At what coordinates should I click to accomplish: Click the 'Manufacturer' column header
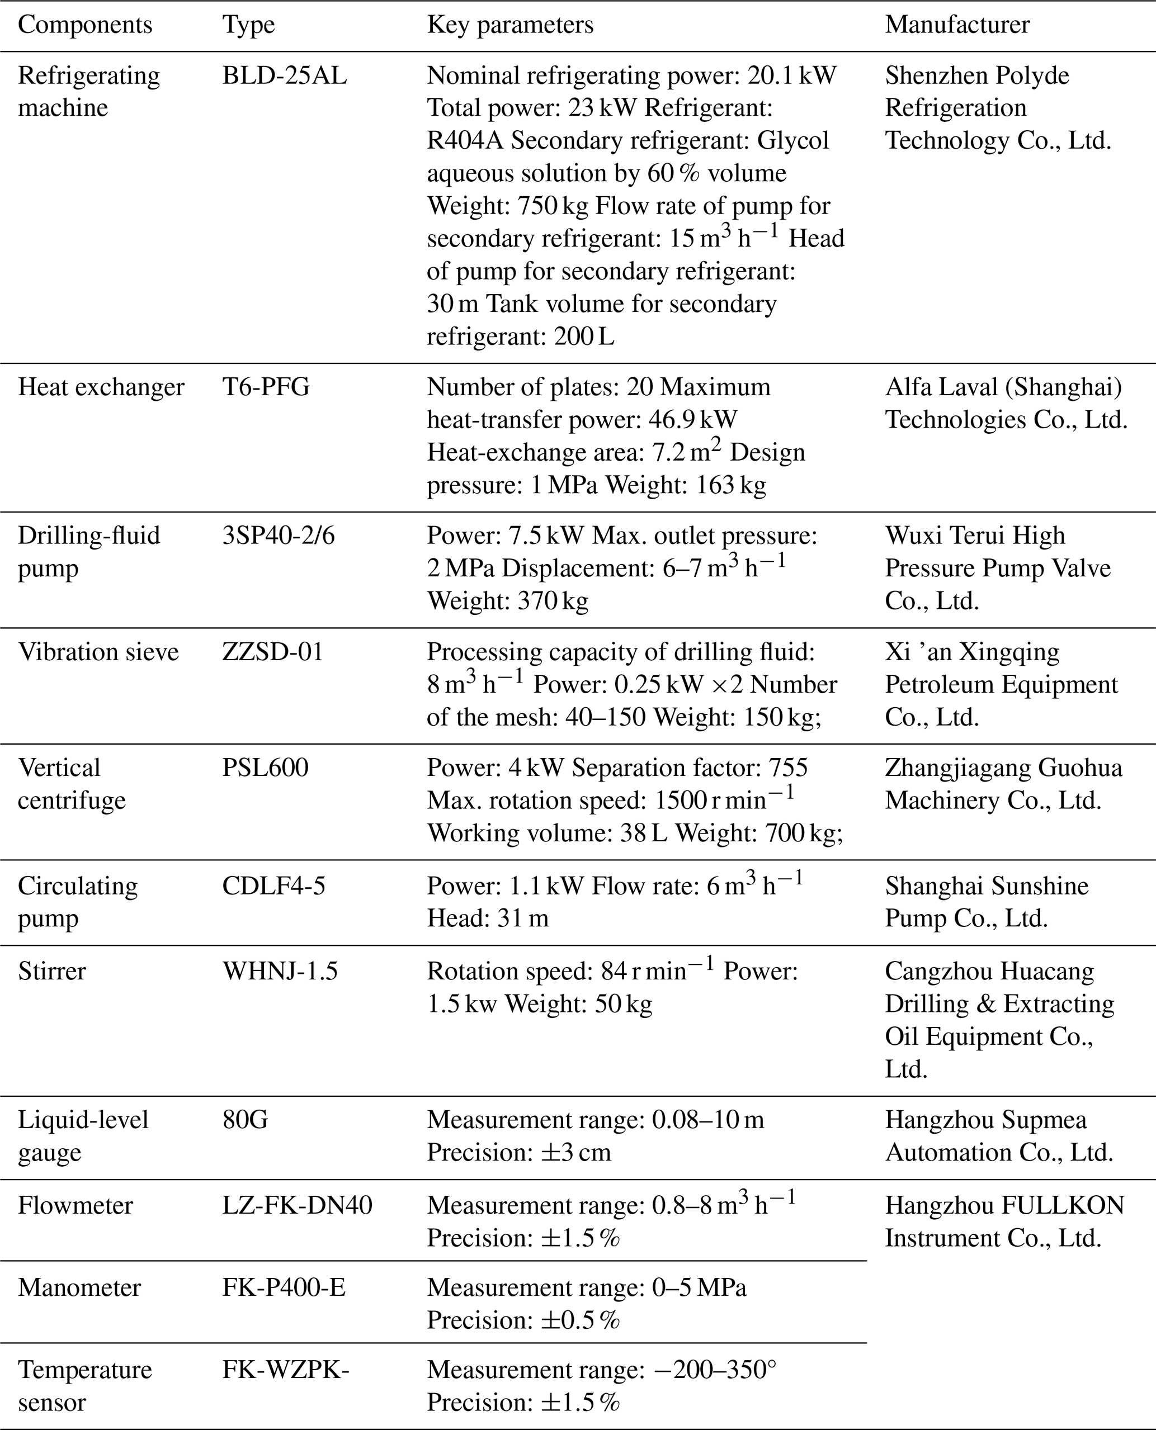(x=957, y=25)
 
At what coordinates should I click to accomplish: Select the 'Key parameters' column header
(x=510, y=25)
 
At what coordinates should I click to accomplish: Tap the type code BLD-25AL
(x=284, y=76)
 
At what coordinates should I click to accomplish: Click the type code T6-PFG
(x=266, y=387)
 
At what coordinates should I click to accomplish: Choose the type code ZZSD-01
(x=273, y=652)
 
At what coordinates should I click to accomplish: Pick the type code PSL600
(x=265, y=768)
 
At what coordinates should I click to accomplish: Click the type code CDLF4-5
(x=273, y=886)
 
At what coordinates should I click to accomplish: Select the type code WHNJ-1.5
(x=280, y=971)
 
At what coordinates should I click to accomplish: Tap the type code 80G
(x=245, y=1120)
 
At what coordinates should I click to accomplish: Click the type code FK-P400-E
(x=284, y=1287)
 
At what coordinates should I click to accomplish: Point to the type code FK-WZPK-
(x=286, y=1370)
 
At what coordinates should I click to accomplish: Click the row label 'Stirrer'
(x=52, y=971)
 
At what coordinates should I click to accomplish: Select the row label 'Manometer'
(x=79, y=1287)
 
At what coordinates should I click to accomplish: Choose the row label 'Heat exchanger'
(x=101, y=387)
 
